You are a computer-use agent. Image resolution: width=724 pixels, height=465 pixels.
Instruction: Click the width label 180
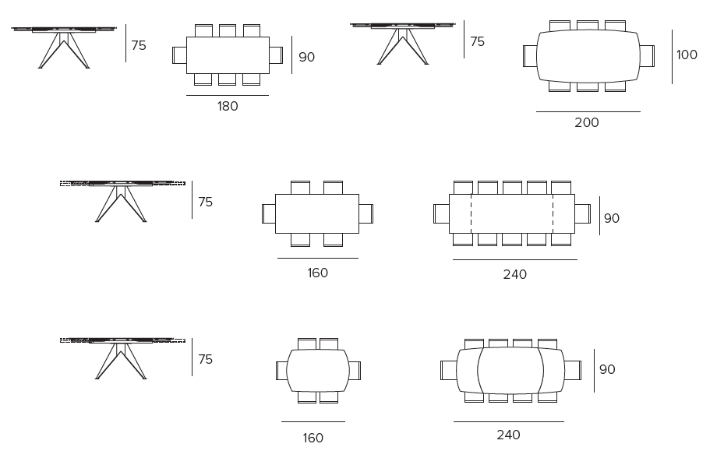point(228,107)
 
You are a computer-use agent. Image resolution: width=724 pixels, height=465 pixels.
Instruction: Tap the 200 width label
point(587,123)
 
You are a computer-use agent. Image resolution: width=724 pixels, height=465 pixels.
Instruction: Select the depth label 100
point(687,55)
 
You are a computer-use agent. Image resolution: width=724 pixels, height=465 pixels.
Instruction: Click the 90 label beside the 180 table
point(307,58)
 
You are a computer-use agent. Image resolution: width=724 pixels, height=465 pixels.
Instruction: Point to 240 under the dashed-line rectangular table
point(515,275)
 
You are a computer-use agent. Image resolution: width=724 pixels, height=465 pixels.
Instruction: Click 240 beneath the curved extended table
point(508,435)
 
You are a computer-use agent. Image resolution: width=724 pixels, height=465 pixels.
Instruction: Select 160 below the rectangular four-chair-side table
point(318,273)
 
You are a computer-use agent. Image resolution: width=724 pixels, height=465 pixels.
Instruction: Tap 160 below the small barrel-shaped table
point(313,439)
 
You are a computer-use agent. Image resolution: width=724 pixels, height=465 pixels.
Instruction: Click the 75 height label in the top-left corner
point(139,46)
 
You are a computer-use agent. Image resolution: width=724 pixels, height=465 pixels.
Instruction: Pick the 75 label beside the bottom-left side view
point(206,360)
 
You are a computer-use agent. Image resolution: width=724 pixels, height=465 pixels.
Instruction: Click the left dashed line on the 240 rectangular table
point(471,213)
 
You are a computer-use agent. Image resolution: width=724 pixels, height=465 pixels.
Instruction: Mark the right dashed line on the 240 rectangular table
point(553,213)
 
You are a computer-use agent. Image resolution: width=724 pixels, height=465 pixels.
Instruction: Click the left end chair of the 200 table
point(530,56)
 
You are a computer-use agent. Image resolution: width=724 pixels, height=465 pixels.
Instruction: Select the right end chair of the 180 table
point(276,55)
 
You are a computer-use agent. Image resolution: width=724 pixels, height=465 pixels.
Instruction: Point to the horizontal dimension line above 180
point(228,96)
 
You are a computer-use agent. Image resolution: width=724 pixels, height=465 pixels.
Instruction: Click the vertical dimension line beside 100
point(672,56)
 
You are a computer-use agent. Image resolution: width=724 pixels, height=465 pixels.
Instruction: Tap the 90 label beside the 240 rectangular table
point(612,219)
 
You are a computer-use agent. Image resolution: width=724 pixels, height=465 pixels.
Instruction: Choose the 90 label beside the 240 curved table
point(607,370)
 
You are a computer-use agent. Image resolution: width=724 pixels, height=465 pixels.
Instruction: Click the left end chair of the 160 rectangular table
point(269,213)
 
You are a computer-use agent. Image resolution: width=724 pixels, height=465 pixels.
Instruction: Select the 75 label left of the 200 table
point(477,42)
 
